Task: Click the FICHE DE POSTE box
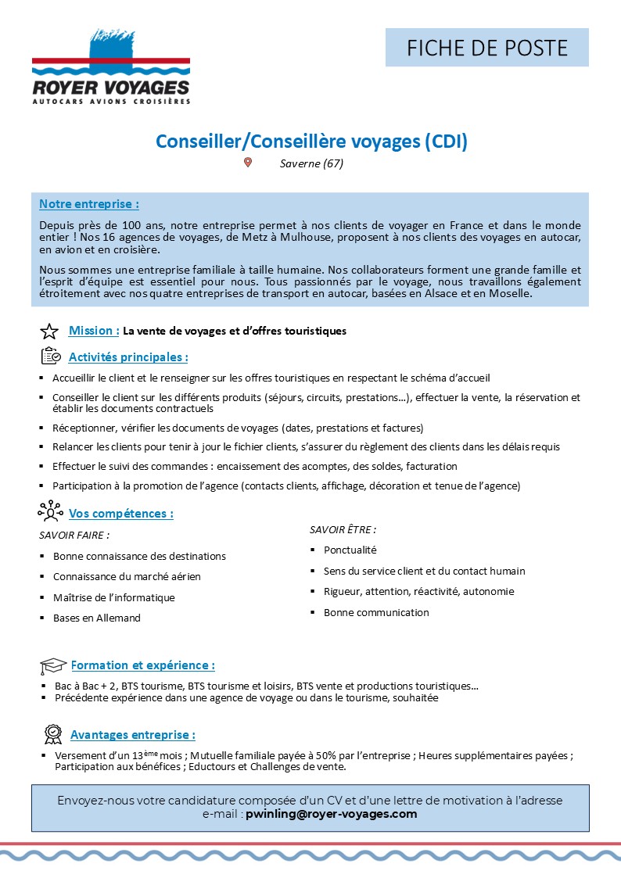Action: (486, 48)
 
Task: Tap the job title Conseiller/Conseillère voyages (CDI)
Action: (311, 142)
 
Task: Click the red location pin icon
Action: (248, 163)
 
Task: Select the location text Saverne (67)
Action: (311, 163)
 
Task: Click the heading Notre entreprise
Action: (88, 204)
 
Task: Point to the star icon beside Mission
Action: (49, 331)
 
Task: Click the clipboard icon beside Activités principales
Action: (50, 357)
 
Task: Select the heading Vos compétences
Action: (120, 514)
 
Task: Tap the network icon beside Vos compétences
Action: (50, 511)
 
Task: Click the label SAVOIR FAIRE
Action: (74, 536)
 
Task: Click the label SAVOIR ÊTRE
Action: (343, 529)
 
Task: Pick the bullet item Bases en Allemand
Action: (97, 618)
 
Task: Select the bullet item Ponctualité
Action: (350, 550)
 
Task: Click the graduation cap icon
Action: (53, 666)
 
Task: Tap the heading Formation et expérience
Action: (142, 665)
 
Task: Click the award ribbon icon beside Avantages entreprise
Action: (53, 734)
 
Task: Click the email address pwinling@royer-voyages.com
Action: (332, 814)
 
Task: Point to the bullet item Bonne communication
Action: (376, 612)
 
